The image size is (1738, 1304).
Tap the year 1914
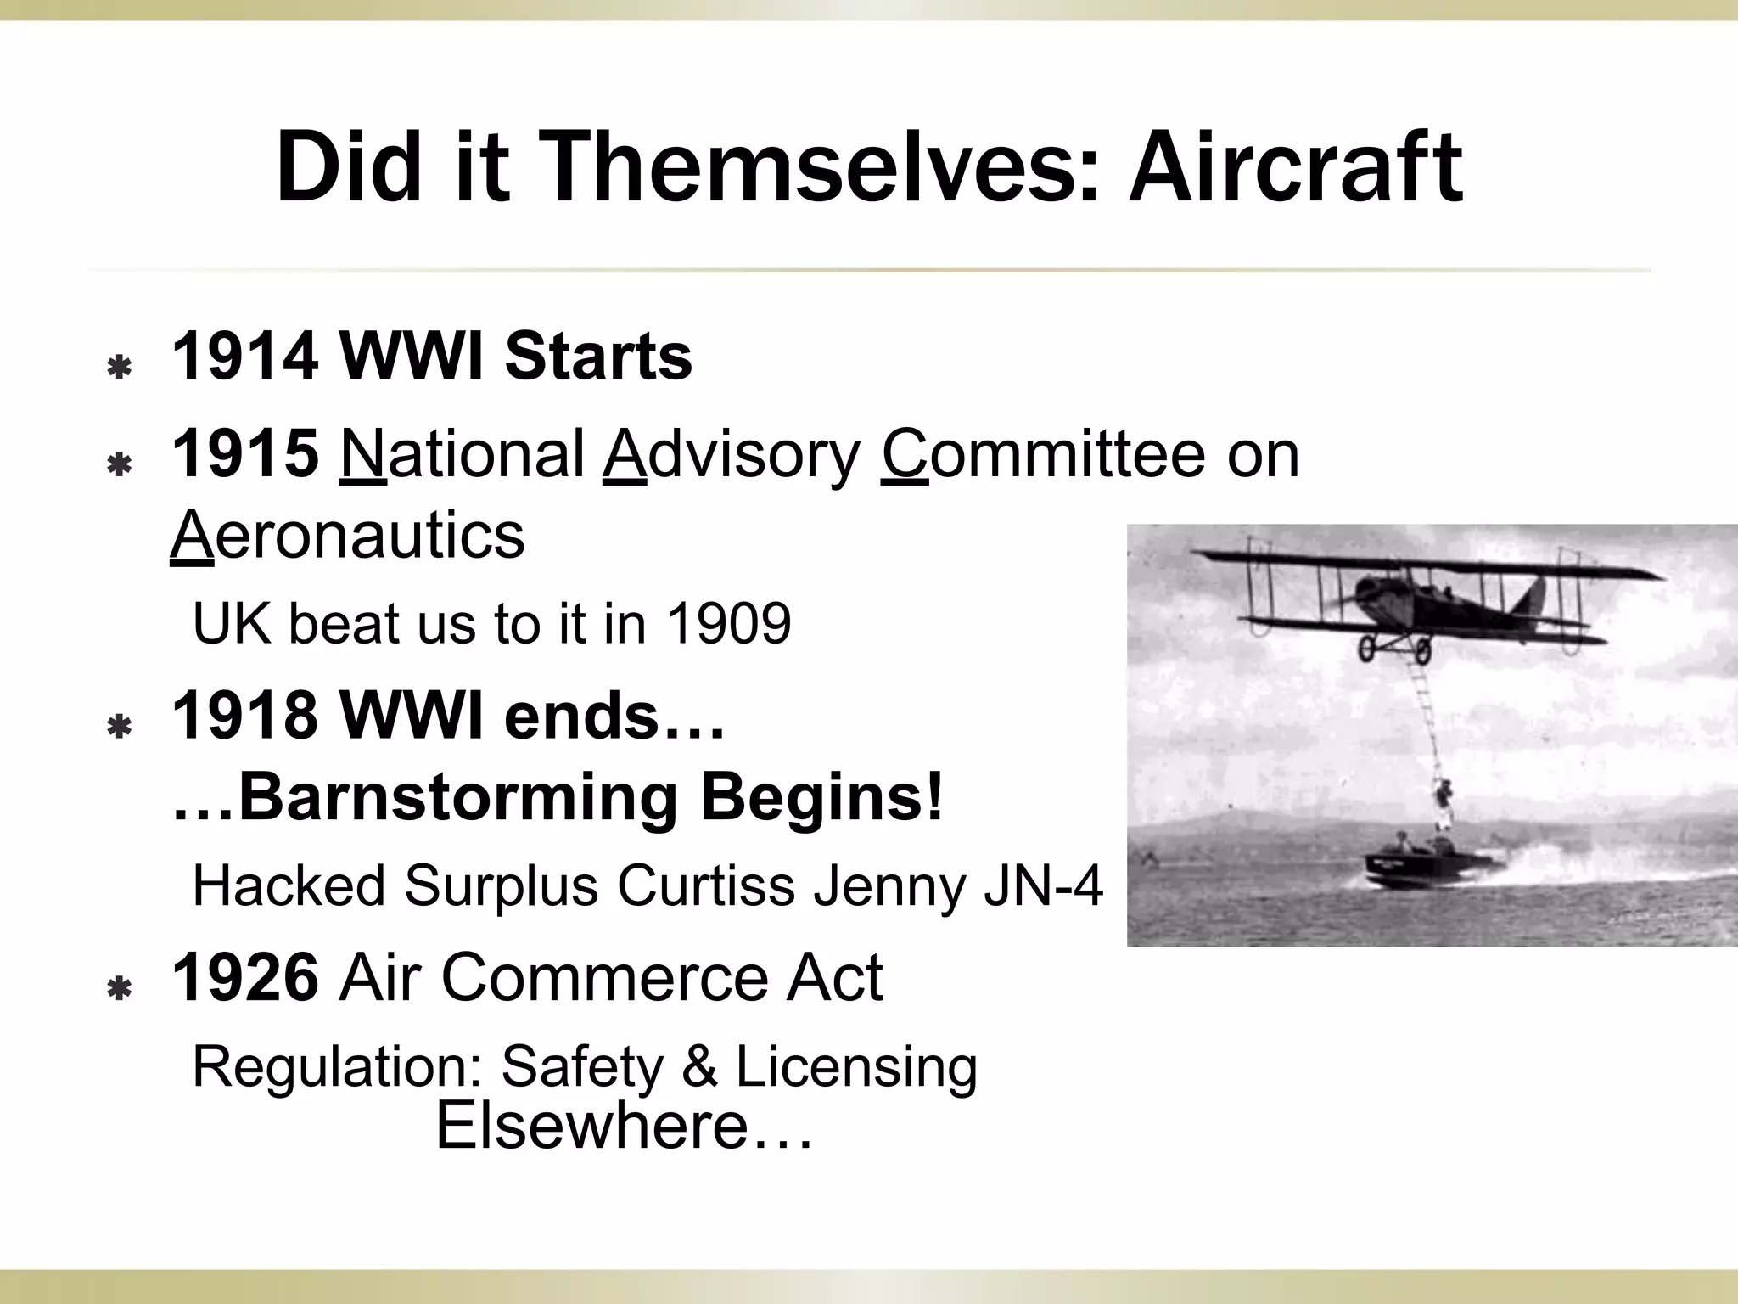tap(245, 357)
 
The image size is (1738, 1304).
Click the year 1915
tap(245, 453)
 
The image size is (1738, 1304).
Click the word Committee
tap(1043, 453)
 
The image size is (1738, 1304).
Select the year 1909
tap(729, 624)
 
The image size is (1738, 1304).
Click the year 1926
tap(245, 978)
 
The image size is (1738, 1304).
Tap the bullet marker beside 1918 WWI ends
tap(120, 727)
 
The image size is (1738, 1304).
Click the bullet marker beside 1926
tap(120, 988)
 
